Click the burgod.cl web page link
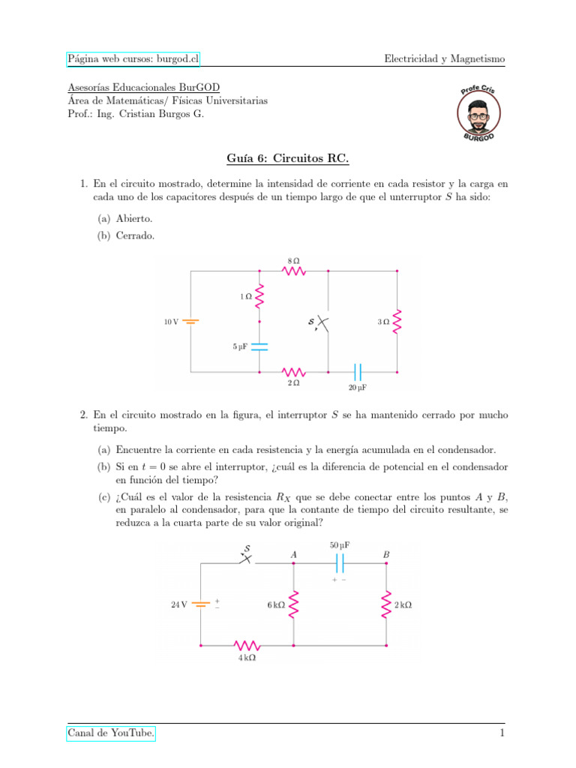tap(133, 58)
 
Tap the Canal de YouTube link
tap(111, 732)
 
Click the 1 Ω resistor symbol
tap(260, 297)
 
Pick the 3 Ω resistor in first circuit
tap(397, 322)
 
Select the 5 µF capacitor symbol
tap(260, 346)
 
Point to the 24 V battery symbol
tap(201, 604)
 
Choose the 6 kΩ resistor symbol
tap(294, 604)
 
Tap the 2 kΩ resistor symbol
tap(387, 604)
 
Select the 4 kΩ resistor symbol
tap(247, 645)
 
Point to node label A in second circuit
tap(293, 554)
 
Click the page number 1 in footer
tap(502, 732)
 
